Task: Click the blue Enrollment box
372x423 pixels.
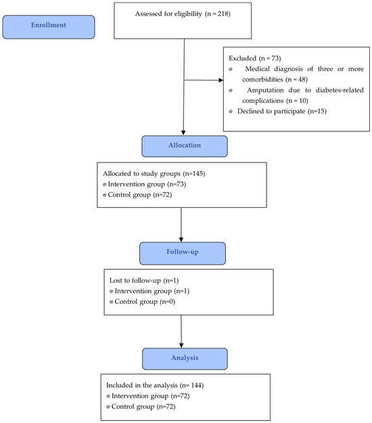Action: click(x=49, y=27)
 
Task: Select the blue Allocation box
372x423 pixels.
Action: click(x=185, y=146)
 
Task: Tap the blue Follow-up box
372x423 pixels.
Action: click(x=183, y=253)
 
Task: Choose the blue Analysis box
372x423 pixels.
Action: click(x=185, y=359)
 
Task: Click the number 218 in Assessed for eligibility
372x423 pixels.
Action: click(x=223, y=14)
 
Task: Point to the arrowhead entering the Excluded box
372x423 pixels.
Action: click(x=221, y=80)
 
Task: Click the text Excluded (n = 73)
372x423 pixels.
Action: click(x=255, y=58)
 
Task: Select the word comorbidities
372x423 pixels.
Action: click(x=262, y=80)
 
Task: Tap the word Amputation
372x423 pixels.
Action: click(x=266, y=90)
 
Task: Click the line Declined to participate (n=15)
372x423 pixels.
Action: click(x=282, y=112)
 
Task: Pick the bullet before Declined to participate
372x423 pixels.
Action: click(x=231, y=112)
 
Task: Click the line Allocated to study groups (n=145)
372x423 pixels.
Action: click(x=154, y=174)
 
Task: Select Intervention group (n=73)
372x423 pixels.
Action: click(x=147, y=184)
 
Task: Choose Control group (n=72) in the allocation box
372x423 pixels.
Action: click(x=140, y=195)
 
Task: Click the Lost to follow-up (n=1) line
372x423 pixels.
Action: click(x=144, y=281)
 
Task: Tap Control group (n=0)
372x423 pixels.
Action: click(x=145, y=302)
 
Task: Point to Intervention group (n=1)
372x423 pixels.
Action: click(x=152, y=291)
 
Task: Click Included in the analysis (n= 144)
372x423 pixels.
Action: click(x=155, y=386)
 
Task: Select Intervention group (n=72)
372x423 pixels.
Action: click(x=151, y=396)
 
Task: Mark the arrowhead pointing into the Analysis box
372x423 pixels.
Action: click(x=181, y=345)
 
